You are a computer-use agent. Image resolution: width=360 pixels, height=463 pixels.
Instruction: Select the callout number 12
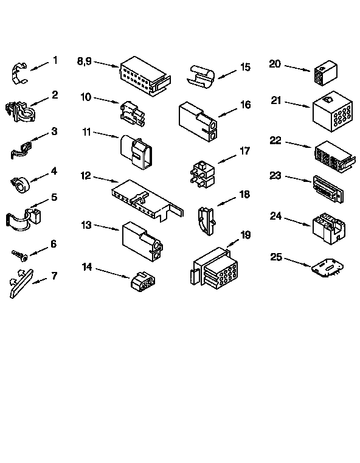click(86, 175)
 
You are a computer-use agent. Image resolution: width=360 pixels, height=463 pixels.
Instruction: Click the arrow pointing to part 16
click(227, 112)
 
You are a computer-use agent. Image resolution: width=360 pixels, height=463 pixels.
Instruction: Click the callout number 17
click(245, 150)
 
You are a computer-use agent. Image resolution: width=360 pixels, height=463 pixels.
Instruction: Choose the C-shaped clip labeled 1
click(20, 72)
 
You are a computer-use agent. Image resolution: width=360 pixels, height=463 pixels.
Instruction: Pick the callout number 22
click(275, 141)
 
